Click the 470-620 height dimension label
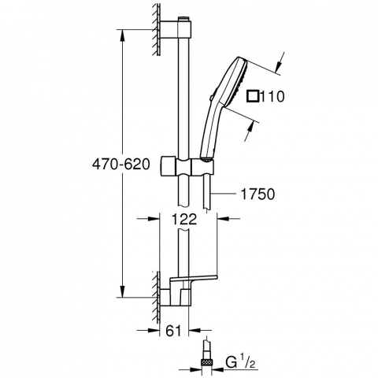coord(121,165)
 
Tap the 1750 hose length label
coord(258,195)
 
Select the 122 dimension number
coord(184,219)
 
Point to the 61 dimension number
coord(173,331)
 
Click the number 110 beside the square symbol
coord(272,96)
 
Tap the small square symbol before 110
coord(253,96)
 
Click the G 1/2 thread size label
coord(240,363)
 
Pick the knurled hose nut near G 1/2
coord(207,363)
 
